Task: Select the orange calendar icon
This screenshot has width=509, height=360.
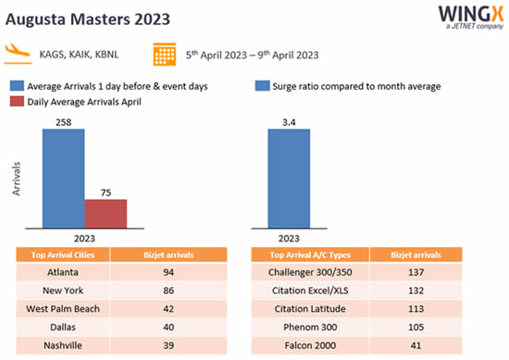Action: click(x=167, y=54)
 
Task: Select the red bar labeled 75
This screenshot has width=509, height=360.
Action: click(x=106, y=213)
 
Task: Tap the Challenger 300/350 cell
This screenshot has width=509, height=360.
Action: click(x=311, y=272)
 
